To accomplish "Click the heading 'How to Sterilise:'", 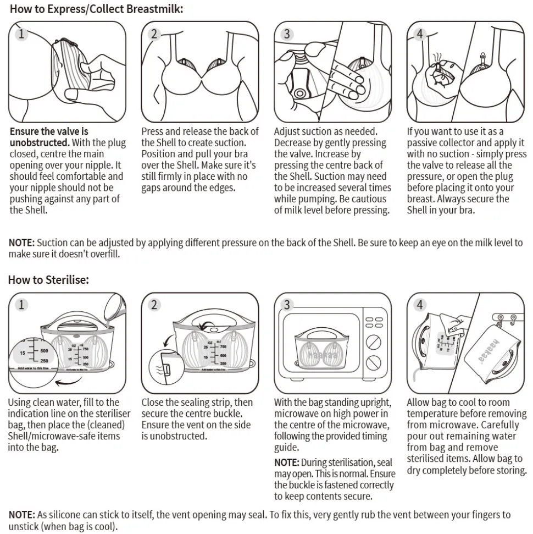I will pos(48,279).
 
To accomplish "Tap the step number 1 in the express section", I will pos(21,34).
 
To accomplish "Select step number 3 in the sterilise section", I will pos(287,305).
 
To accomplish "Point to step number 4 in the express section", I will pos(420,34).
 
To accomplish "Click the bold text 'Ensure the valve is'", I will pos(49,131).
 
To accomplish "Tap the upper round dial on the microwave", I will pos(374,342).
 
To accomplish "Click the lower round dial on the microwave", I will pos(374,362).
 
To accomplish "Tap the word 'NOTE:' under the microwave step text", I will pos(287,462).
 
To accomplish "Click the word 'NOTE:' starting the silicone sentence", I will pos(21,515).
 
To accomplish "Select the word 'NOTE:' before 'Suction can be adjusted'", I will pos(21,243).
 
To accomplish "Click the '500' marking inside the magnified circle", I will pos(44,350).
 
